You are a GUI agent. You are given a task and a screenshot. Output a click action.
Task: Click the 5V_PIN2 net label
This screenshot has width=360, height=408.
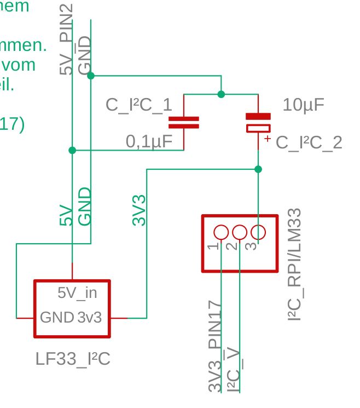(66, 38)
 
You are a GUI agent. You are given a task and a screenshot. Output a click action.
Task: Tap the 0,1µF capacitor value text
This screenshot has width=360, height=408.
(149, 142)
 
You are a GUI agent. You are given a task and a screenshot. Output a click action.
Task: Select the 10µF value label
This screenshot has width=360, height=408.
(303, 105)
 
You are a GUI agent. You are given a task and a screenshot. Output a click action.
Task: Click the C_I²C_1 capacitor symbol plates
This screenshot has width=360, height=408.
(183, 122)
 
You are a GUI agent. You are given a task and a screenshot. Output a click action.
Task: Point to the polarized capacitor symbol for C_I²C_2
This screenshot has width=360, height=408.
(258, 123)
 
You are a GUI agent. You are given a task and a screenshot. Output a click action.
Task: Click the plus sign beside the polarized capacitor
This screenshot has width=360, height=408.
(268, 139)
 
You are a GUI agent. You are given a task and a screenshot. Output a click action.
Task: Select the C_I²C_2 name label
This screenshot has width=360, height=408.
(309, 143)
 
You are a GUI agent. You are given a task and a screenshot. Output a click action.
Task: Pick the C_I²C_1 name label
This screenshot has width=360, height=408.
(138, 105)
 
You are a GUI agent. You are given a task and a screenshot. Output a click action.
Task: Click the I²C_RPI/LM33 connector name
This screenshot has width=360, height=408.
(295, 264)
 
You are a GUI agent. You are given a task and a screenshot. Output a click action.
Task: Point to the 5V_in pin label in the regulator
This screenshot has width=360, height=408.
(77, 293)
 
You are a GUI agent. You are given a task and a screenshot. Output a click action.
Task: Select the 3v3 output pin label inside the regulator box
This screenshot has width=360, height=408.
(89, 317)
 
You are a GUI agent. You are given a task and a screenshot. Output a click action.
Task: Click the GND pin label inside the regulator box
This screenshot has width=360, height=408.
(57, 317)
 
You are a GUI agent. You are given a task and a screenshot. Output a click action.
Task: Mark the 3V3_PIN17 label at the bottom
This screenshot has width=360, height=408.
(215, 347)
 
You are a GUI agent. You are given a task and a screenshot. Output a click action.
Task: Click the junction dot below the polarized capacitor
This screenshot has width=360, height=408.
(258, 169)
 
